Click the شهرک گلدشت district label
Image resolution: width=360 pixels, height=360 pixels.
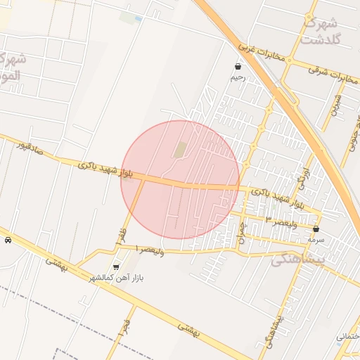tap(321, 30)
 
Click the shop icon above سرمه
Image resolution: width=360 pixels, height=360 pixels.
tap(316, 229)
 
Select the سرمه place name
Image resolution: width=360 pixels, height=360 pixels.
tap(316, 240)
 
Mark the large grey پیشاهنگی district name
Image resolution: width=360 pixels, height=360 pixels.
tap(297, 259)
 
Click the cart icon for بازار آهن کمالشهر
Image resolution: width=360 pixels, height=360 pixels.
tap(116, 266)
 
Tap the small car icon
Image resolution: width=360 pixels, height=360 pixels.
tap(8, 240)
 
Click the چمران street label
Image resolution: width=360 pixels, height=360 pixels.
tap(241, 232)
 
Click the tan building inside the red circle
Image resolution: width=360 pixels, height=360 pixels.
tap(180, 150)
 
